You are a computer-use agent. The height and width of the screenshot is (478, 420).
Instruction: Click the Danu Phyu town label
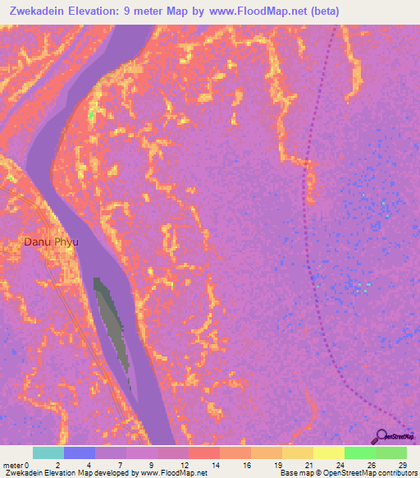[50, 242]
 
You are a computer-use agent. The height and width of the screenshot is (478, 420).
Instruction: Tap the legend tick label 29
[402, 465]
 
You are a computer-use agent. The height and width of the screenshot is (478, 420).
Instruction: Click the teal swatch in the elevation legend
[48, 453]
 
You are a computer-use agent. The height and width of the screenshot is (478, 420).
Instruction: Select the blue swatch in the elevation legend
[80, 453]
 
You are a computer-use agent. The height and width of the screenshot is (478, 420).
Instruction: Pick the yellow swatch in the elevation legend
[328, 453]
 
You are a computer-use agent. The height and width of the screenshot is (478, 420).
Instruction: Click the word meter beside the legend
[13, 465]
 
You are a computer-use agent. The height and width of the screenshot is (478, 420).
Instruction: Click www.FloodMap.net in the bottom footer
[174, 473]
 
